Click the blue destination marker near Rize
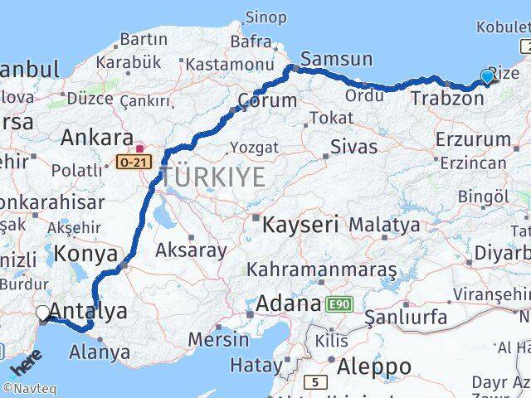(487, 77)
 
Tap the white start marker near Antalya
(42, 313)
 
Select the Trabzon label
(447, 99)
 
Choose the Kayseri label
(300, 224)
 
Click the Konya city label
(86, 253)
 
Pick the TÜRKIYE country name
(213, 176)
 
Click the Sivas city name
(353, 148)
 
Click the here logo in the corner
(25, 362)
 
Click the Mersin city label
(218, 339)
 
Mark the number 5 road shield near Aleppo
(315, 382)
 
